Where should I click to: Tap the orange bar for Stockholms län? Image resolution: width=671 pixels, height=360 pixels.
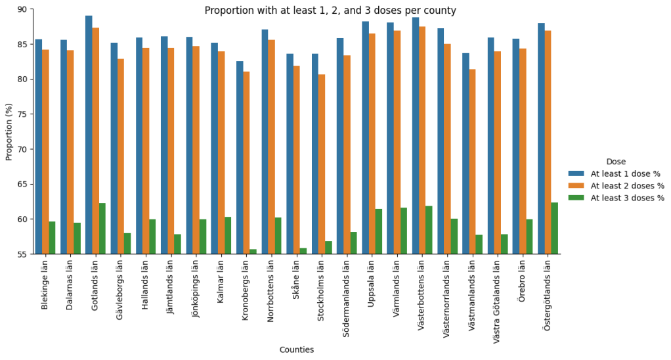pos(322,164)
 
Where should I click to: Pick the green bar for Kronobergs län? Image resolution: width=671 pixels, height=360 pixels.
pos(253,252)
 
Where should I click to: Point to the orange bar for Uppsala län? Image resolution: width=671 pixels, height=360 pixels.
pos(372,144)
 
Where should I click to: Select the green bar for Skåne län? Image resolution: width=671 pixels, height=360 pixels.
pos(303,251)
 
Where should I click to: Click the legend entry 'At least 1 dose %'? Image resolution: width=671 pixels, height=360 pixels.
pos(625,174)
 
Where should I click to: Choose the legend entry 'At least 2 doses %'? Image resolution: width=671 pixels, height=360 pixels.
pos(627,186)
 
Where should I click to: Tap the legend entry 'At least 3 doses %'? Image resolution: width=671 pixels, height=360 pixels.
pos(627,198)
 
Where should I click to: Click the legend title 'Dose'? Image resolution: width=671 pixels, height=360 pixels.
pos(616,162)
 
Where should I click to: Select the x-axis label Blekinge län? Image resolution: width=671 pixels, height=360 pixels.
pos(45,283)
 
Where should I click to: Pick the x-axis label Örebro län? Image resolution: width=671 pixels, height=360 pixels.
pos(523,280)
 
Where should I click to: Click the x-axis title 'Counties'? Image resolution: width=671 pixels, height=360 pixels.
pos(297,350)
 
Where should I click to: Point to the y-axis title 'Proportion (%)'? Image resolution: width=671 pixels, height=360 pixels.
pos(9,131)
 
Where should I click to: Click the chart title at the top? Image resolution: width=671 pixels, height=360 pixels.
pos(330,11)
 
